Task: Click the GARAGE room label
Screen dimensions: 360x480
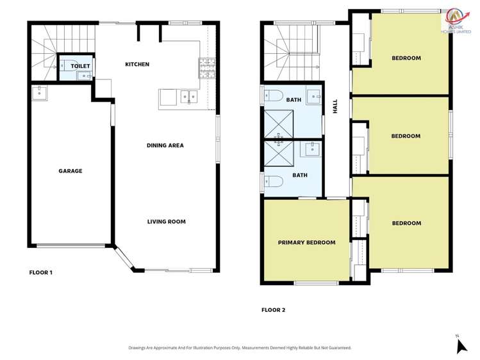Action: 70,171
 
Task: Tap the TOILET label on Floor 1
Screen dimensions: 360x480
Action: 80,66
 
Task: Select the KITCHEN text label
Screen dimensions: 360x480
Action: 137,64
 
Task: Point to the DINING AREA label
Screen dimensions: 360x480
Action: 165,145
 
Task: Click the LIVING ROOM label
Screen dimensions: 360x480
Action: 166,222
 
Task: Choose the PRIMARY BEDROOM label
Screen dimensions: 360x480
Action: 306,242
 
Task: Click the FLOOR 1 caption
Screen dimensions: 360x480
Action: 41,272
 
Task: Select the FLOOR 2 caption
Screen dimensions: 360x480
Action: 273,310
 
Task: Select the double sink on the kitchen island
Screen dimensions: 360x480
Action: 188,97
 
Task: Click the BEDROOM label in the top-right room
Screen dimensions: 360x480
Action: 406,58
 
